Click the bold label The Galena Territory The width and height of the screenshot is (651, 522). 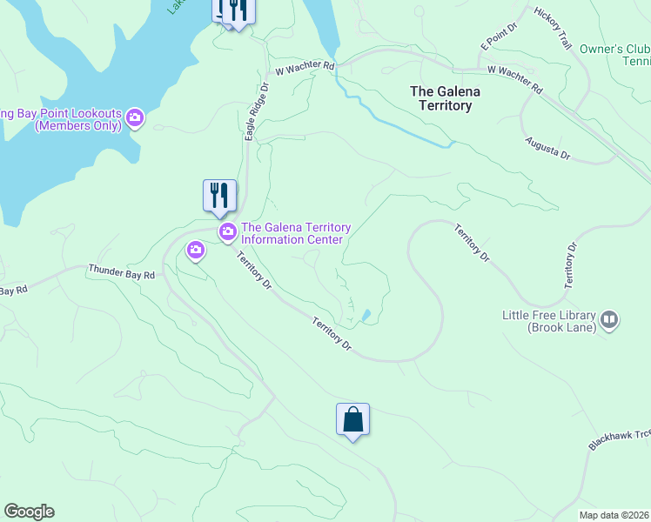point(440,98)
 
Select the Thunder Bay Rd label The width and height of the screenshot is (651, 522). point(121,272)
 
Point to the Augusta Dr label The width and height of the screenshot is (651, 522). point(547,148)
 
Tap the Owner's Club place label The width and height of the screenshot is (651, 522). point(614,49)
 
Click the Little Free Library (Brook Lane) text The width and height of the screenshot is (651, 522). point(548,321)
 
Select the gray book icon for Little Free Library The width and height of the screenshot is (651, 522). point(609,320)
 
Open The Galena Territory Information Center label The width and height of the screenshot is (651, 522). point(295,233)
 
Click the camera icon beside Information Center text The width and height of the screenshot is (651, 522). point(228,231)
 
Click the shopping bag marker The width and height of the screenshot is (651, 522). point(352,419)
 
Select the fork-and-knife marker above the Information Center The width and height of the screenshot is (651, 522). point(219,196)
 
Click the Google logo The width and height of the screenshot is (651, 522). point(29,512)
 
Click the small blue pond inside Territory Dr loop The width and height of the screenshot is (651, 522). point(366,315)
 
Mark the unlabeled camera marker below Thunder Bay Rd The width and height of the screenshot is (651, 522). point(195,251)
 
